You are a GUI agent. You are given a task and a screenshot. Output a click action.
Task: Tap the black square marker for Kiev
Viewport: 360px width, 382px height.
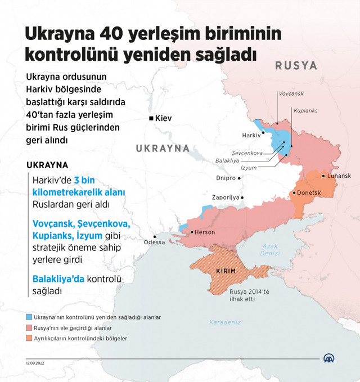[151, 119]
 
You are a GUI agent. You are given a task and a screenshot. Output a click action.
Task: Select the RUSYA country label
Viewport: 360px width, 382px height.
[296, 66]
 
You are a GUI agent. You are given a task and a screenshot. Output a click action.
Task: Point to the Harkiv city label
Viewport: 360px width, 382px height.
[251, 135]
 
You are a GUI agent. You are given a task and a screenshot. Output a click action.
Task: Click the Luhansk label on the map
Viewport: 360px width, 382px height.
[339, 176]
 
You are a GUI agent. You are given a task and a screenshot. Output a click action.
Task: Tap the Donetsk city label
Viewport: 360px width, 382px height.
[309, 193]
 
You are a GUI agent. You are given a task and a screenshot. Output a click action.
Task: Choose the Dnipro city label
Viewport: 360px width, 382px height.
[226, 178]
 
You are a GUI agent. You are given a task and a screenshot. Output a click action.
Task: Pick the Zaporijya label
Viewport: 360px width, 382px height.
[224, 197]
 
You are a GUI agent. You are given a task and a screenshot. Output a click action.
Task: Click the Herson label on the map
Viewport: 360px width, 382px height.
[204, 232]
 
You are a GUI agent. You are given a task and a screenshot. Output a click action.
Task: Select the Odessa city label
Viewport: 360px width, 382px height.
[155, 242]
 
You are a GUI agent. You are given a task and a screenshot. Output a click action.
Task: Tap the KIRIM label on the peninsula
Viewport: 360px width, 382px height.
[226, 271]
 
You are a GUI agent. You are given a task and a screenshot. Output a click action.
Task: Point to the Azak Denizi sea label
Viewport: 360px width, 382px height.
[269, 250]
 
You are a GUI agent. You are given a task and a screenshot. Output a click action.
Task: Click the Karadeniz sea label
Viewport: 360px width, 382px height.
[225, 322]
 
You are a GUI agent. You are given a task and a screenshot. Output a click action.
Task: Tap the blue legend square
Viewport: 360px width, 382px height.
[29, 317]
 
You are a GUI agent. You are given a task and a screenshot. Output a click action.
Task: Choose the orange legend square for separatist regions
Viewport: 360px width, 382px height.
[29, 338]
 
